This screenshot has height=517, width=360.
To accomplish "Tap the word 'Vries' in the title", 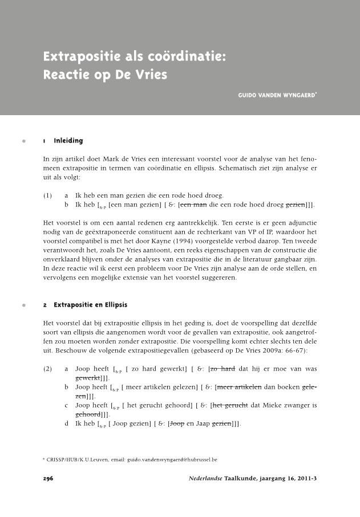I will click(149, 75).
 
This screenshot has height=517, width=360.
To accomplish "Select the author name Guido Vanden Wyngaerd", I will click(276, 95).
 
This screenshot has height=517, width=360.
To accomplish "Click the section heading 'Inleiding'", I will click(68, 140).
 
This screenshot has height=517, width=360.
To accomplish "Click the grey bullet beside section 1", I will click(23, 140).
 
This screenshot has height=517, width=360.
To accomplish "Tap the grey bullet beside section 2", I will click(23, 305).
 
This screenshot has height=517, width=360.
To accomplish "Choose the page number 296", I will click(48, 478).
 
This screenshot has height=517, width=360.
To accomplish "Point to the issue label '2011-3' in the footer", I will click(305, 478).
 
